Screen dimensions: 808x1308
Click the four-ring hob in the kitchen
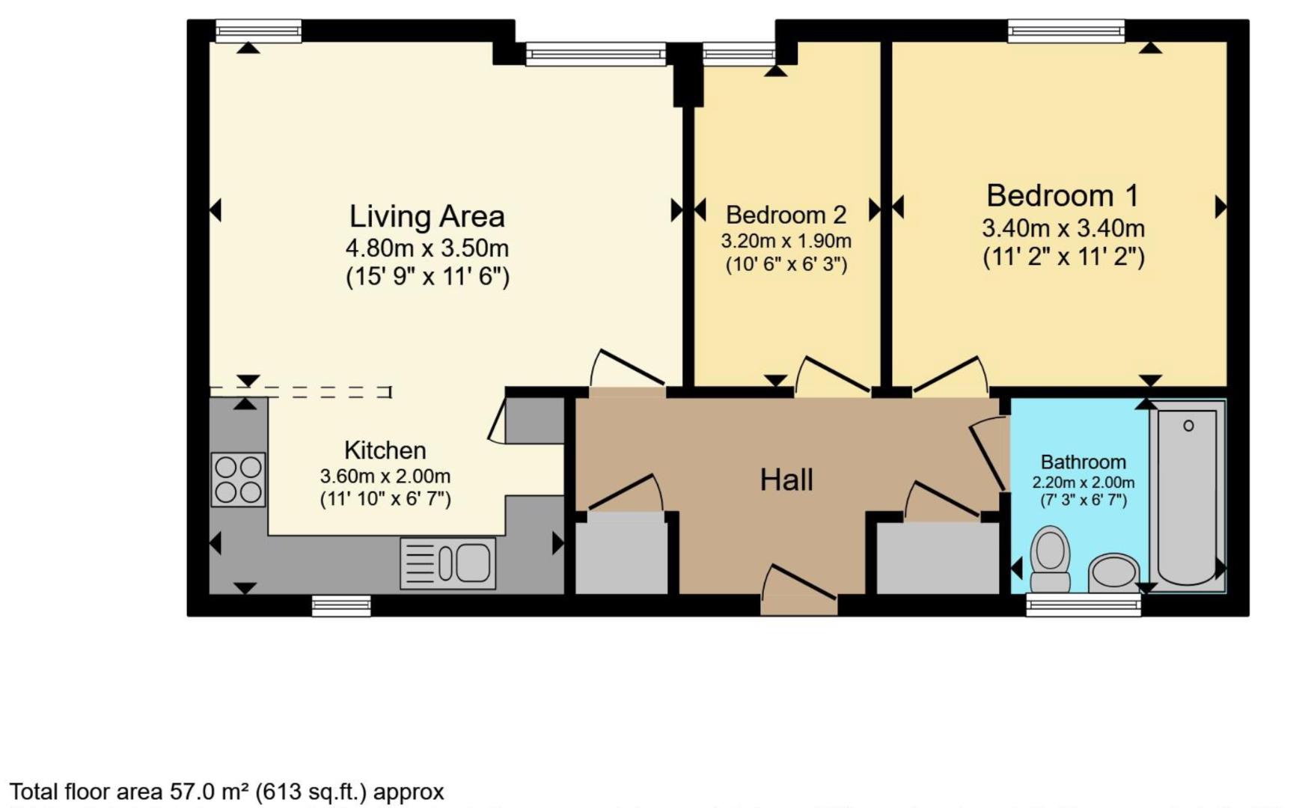238,480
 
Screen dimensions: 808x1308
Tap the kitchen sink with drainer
447,563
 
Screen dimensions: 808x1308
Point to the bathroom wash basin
1114,573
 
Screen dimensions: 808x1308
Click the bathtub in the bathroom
1187,495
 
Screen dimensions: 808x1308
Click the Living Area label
427,216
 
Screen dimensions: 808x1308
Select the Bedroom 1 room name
1062,196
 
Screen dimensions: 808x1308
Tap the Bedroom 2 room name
786,215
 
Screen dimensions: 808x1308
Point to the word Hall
786,480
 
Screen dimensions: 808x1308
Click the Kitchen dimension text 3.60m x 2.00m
385,477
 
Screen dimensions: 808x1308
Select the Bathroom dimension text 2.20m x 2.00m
1083,483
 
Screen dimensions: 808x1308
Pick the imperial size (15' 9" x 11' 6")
427,277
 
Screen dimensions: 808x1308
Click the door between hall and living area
627,370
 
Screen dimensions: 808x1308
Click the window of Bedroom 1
1066,31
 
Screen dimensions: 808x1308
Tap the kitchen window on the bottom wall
341,605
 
